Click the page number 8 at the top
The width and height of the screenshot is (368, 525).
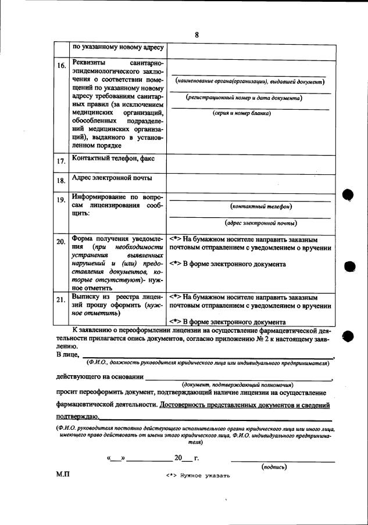click(x=196, y=35)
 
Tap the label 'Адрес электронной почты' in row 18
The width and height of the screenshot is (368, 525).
click(x=112, y=178)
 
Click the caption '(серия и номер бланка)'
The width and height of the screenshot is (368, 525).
click(x=250, y=113)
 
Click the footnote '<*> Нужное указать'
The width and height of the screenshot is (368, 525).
click(x=198, y=475)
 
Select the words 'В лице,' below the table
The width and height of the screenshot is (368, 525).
click(x=67, y=354)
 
